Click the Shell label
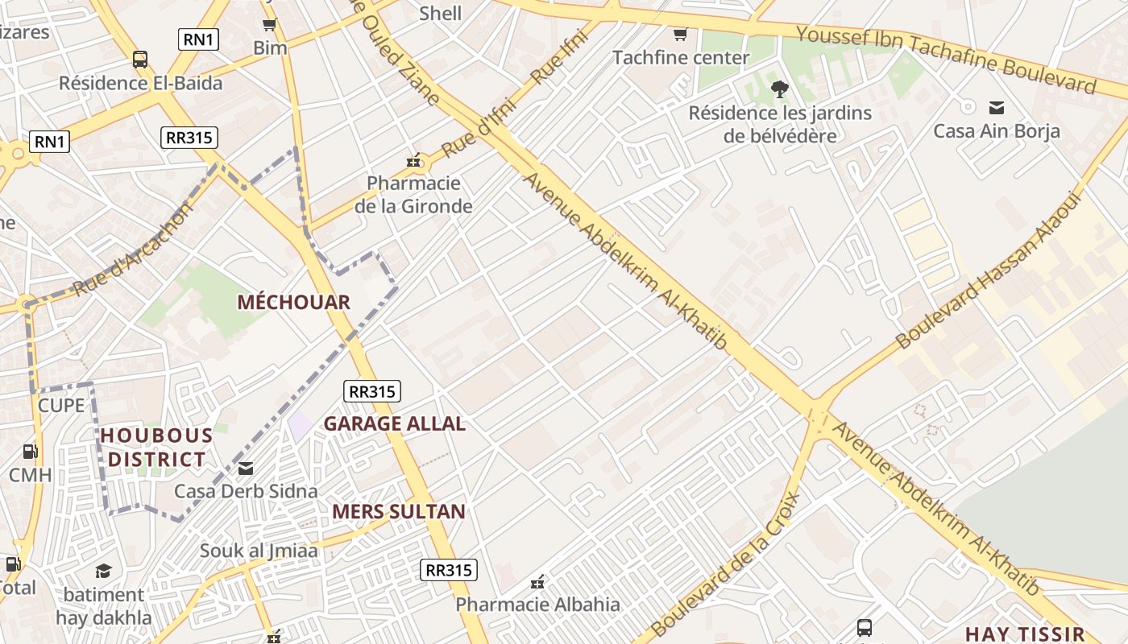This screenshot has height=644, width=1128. click(x=441, y=13)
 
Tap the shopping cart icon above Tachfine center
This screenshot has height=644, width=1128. click(x=680, y=34)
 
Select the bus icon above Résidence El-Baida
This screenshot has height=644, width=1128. click(x=140, y=59)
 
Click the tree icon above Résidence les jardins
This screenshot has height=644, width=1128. click(x=779, y=89)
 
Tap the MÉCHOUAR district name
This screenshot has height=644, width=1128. click(x=293, y=303)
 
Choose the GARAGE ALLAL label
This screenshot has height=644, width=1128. click(x=394, y=423)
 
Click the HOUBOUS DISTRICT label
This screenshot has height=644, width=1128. click(x=156, y=448)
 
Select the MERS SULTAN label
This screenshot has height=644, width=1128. click(x=399, y=511)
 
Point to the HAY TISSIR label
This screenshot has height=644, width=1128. click(x=1025, y=634)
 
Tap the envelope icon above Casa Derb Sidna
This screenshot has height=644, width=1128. click(x=246, y=468)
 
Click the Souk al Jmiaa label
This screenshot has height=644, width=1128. click(x=259, y=551)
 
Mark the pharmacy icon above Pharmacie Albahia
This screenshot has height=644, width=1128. click(x=538, y=581)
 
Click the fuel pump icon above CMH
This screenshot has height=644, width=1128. click(x=30, y=452)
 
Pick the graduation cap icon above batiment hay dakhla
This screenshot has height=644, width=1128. click(x=103, y=572)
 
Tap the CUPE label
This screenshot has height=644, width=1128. click(x=61, y=405)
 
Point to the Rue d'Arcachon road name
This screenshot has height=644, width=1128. click(x=134, y=248)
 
